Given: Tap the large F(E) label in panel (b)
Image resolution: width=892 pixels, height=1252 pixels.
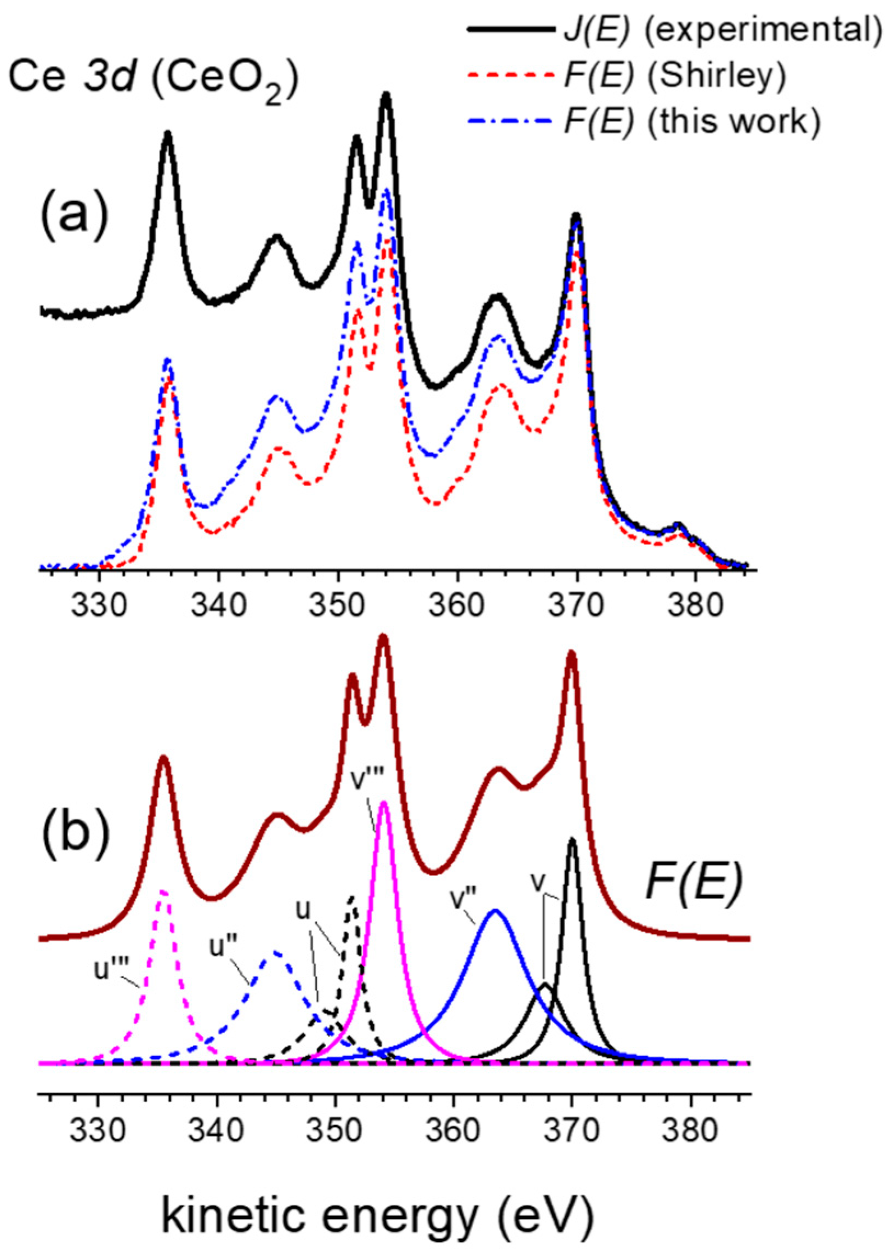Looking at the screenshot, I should tap(695, 884).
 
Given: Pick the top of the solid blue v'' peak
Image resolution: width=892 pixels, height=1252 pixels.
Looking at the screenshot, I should tap(496, 911).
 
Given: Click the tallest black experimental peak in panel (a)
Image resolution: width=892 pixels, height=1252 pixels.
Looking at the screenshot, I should tap(386, 95).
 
